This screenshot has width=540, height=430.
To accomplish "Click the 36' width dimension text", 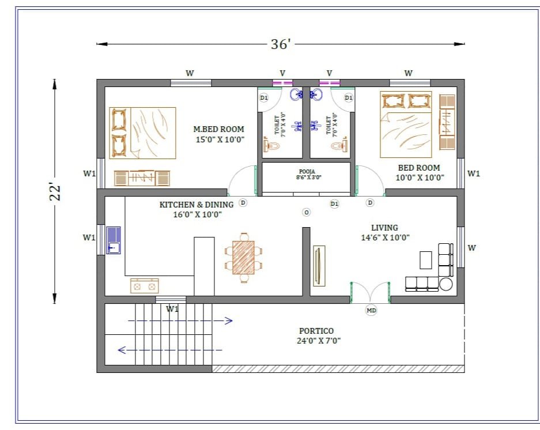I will (280, 44).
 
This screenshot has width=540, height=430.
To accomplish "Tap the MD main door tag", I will (371, 311).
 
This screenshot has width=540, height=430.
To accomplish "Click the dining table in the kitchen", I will (243, 257).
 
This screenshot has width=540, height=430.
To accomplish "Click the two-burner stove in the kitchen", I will (145, 285).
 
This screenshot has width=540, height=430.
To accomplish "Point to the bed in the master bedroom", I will (143, 133).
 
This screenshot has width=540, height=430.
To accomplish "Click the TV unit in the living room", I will (318, 265).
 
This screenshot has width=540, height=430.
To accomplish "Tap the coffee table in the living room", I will (425, 260).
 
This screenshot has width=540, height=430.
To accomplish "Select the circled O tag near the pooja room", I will (306, 212).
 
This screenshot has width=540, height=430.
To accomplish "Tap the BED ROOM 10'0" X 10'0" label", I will (419, 172).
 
